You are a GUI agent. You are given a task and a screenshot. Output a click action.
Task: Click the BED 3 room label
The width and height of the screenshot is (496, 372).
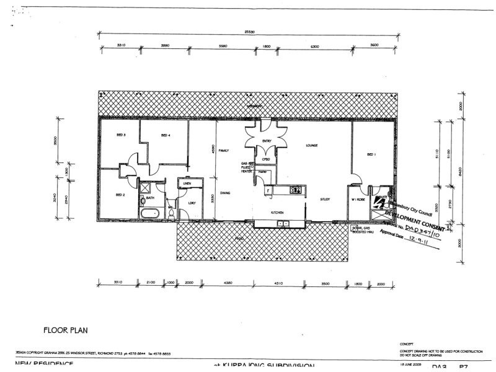tap(122, 135)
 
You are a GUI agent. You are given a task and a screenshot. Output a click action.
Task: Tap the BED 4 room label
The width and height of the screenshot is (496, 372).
tap(166, 135)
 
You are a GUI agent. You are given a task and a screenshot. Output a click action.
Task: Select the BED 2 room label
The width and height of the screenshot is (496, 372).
tap(120, 195)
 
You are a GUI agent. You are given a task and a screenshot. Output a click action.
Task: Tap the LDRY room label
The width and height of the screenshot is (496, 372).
tap(192, 203)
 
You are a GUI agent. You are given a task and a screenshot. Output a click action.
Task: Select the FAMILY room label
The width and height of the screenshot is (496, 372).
tap(224, 151)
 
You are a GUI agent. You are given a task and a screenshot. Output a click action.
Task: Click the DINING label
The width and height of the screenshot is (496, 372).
tap(225, 193)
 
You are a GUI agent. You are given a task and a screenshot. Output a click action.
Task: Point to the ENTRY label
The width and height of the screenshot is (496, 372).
tap(267, 141)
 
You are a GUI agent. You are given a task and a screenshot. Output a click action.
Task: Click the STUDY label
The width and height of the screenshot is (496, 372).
tap(325, 199)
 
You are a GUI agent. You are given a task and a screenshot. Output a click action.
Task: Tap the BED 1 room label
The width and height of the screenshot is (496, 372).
tap(371, 154)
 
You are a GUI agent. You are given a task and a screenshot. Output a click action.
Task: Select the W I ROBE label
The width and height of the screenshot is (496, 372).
tap(358, 199)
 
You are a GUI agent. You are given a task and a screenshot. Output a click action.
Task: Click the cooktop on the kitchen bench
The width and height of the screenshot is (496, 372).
tap(294, 189)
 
